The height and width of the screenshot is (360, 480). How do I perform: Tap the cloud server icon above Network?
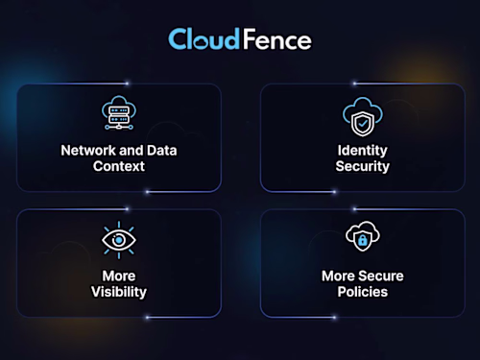[x=119, y=114]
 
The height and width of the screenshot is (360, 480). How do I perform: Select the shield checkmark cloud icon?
[x=362, y=116]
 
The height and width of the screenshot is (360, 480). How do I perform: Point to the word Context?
[x=119, y=166]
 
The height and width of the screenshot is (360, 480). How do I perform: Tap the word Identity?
[x=362, y=151]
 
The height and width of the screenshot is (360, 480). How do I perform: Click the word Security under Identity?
[x=362, y=166]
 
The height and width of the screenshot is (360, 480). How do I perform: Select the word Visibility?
[x=119, y=292]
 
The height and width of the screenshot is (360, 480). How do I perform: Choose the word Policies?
[x=362, y=292]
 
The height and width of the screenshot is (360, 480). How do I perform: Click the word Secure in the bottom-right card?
[x=381, y=276]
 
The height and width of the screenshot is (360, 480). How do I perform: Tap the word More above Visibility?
[x=119, y=276]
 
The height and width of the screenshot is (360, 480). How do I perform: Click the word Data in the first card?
[x=161, y=151]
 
